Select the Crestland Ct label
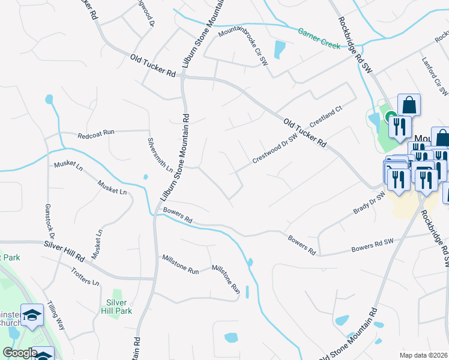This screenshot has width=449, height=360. tap(325, 116)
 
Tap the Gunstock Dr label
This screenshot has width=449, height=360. tap(49, 219)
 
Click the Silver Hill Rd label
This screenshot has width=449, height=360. tap(64, 251)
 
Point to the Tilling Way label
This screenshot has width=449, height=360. tap(56, 313)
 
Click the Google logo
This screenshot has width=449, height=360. tap(20, 353)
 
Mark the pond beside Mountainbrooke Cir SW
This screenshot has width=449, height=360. tap(280, 49)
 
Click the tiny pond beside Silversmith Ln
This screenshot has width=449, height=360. tap(145, 176)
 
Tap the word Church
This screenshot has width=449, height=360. tap(8, 323)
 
